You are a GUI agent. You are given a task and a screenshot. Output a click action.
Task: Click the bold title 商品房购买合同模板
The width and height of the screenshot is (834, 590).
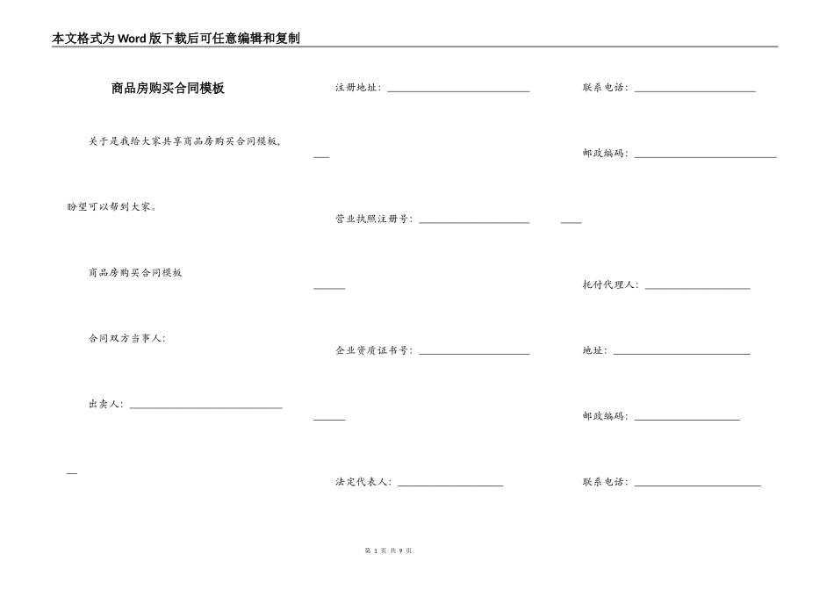point(168,88)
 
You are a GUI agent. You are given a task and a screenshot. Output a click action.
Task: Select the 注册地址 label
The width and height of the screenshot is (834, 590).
point(357,88)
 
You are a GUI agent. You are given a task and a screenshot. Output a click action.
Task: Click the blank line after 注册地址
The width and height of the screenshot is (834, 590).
point(458,90)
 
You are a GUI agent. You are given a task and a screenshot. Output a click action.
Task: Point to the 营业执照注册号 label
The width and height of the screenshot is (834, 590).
point(373,219)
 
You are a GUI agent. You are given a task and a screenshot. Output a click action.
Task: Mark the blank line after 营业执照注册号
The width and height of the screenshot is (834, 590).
point(474,222)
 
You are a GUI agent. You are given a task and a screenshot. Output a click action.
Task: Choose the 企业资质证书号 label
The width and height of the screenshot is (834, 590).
point(373,350)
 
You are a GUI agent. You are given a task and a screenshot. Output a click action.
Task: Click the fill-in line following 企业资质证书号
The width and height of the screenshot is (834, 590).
point(474,354)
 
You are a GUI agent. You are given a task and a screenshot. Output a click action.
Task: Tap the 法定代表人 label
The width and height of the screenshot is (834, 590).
point(363,482)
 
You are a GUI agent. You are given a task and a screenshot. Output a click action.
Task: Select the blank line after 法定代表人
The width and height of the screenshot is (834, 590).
point(450,486)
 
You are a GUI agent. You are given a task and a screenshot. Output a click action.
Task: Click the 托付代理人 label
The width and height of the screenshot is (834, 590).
point(610,284)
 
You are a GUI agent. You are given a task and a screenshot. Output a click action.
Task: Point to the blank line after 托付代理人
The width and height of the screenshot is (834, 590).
point(697,288)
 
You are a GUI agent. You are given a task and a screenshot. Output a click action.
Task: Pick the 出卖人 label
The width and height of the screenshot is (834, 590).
point(105,404)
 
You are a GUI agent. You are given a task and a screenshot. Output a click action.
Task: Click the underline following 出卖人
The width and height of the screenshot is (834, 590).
point(205,407)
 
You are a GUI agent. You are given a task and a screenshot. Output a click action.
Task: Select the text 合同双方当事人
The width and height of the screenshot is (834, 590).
point(126,338)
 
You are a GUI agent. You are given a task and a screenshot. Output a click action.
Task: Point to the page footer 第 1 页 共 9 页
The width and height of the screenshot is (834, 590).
point(387,550)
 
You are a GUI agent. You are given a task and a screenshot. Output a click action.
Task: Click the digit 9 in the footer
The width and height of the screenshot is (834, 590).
point(400,550)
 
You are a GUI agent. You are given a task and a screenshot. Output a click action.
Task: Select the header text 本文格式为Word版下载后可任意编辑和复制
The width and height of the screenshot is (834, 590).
point(176,38)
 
